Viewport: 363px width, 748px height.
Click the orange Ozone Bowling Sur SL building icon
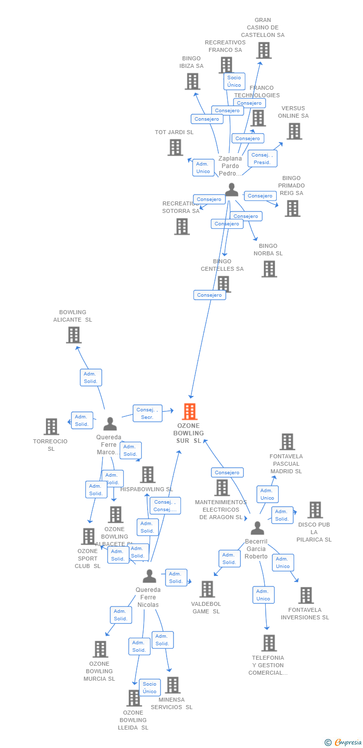click(x=189, y=411)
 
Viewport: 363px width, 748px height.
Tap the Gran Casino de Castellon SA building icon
click(x=263, y=50)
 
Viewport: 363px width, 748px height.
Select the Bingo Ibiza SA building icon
click(x=192, y=81)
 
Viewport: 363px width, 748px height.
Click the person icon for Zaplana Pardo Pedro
click(x=231, y=190)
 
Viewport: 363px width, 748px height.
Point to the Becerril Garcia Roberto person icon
click(x=257, y=528)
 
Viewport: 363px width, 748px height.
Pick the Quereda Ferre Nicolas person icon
click(x=149, y=576)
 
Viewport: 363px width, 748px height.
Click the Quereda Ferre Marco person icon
click(x=110, y=424)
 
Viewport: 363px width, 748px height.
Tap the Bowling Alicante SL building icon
click(x=73, y=335)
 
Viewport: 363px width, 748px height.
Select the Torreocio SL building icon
click(x=51, y=426)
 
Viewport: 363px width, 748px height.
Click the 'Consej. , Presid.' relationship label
click(x=262, y=159)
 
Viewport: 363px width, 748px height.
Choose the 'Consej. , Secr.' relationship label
click(x=148, y=413)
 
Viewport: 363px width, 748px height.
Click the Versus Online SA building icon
click(x=294, y=131)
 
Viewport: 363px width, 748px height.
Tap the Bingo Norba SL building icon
click(x=269, y=269)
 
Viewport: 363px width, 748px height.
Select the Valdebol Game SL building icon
click(x=207, y=589)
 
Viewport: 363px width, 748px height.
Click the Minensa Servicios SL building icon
click(x=173, y=685)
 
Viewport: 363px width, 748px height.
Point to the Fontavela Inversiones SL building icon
click(x=306, y=595)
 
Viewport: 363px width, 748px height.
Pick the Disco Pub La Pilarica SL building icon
click(x=315, y=510)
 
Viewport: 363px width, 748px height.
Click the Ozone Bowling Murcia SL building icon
click(x=100, y=649)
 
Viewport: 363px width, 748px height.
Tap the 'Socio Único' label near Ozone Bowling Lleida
click(x=150, y=687)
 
